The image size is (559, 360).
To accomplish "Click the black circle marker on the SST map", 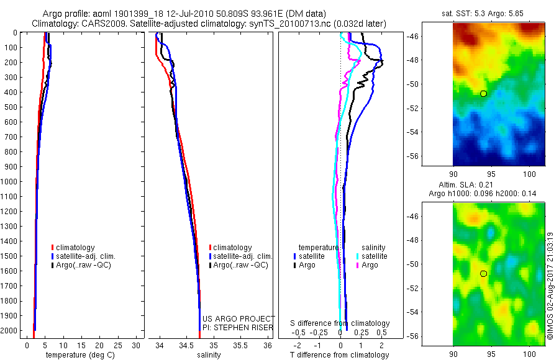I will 484,93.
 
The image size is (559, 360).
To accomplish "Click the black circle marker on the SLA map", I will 484,273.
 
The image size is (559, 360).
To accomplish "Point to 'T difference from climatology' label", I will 340,355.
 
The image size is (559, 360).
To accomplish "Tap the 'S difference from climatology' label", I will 340,323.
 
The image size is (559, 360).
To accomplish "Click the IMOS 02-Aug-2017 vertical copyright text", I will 550,286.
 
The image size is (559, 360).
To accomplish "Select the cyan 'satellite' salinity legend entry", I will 371,256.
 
